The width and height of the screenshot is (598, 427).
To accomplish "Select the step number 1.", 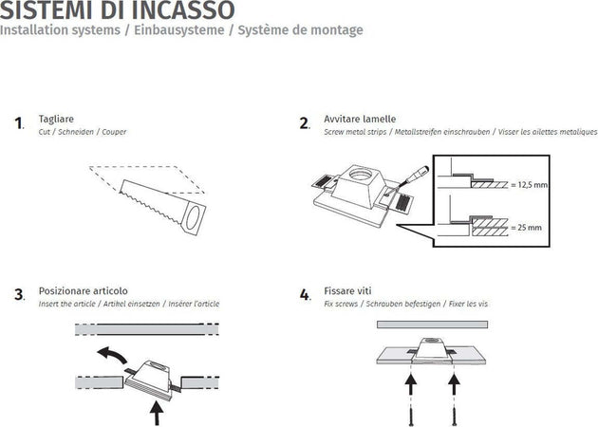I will [x=19, y=123].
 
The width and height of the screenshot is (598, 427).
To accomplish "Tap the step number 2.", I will [x=305, y=123].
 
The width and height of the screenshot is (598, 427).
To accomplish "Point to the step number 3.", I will [x=19, y=295].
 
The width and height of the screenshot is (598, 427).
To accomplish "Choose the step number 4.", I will [x=305, y=295].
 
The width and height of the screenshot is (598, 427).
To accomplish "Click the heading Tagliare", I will [x=57, y=119].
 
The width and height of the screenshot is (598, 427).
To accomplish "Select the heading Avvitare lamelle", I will [x=359, y=119].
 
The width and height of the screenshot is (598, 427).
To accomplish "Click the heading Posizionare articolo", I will [x=84, y=290].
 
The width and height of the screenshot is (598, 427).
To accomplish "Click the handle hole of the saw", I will [x=193, y=220].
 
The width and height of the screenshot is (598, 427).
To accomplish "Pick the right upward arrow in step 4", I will [x=453, y=384].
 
